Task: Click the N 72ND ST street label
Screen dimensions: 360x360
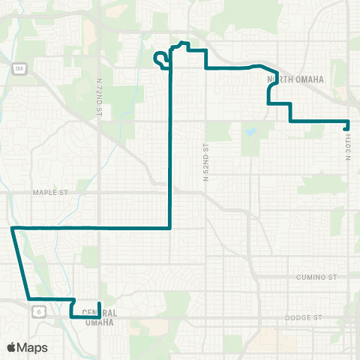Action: pyautogui.click(x=100, y=96)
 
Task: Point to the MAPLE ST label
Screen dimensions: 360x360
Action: pyautogui.click(x=50, y=193)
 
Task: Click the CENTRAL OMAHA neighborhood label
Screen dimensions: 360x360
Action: pyautogui.click(x=97, y=318)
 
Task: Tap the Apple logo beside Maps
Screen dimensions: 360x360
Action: pyautogui.click(x=12, y=347)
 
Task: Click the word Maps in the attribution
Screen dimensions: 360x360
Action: pyautogui.click(x=32, y=347)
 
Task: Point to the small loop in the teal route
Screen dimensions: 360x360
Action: pyautogui.click(x=160, y=58)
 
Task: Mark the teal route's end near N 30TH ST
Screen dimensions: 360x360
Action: pyautogui.click(x=345, y=127)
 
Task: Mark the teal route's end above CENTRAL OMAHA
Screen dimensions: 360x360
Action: pyautogui.click(x=100, y=304)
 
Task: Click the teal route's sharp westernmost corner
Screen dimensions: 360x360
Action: pyautogui.click(x=12, y=226)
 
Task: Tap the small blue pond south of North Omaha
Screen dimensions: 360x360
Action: pyautogui.click(x=249, y=133)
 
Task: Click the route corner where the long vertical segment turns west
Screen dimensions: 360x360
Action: pyautogui.click(x=171, y=226)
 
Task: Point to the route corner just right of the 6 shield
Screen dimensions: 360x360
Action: pyautogui.click(x=73, y=300)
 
